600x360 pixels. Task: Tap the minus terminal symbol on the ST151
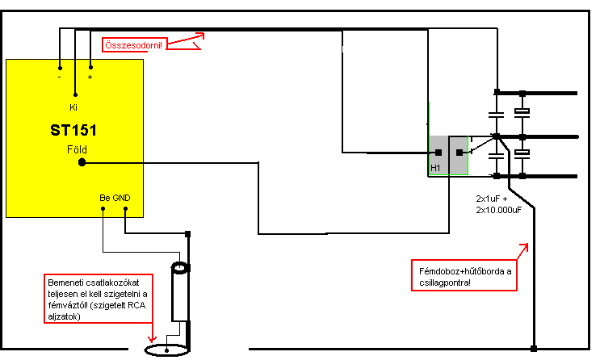(x=60, y=77)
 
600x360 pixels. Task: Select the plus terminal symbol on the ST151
(x=90, y=77)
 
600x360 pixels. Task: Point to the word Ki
(x=73, y=107)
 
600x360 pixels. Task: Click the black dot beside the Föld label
(x=82, y=162)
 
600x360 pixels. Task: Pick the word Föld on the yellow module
(x=77, y=150)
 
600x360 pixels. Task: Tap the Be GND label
(x=114, y=198)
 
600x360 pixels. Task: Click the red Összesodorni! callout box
(x=132, y=44)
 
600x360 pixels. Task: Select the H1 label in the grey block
(x=436, y=168)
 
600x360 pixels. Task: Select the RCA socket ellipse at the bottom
(x=166, y=350)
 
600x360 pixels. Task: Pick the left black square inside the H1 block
(x=438, y=152)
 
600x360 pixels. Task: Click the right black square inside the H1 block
(x=461, y=152)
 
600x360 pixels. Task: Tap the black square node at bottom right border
(x=533, y=349)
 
